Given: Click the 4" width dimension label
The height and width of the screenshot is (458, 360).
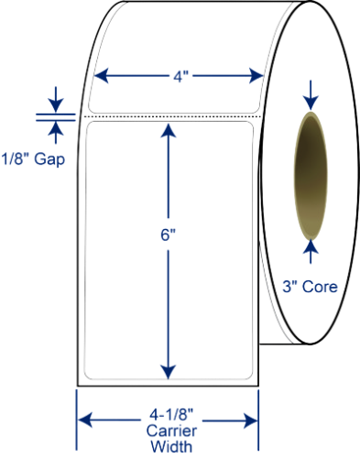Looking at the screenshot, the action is pos(181,76).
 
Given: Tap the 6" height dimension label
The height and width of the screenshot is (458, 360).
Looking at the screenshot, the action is pos(169,235).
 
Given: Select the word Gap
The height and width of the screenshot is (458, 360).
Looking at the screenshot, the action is pos(49,159).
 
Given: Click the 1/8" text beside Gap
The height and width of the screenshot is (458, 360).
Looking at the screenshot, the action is pos(16,158).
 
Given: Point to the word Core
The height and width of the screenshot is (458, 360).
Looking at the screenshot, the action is pos(320,287).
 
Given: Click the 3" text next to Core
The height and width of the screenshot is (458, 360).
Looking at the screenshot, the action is pos(290,287).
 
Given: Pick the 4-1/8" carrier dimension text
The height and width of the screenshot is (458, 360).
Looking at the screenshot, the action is pos(172,415).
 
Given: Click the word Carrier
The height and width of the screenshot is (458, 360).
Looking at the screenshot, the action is pos(171,431).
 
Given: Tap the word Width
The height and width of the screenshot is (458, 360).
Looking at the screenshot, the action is pos(171,446).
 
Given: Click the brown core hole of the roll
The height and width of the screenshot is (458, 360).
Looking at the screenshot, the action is pos(311,176).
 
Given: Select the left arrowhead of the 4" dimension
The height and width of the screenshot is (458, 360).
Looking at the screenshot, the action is pos(102,76).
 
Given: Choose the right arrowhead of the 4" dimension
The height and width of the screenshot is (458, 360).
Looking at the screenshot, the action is pos(256,76).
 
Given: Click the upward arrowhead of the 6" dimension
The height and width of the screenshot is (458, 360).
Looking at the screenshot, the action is pos(169,130).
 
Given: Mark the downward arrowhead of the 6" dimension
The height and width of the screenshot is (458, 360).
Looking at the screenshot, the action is pos(169,372).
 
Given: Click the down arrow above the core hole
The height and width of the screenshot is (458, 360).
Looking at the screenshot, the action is pos(311,95).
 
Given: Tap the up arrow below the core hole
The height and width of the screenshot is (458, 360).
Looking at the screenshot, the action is pos(311,252).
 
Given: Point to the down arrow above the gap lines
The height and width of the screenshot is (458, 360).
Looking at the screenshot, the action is pos(56,100).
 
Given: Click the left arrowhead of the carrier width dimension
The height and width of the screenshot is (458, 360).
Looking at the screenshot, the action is pos(85,420).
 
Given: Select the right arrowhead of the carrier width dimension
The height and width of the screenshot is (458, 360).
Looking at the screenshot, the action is pos(251,420).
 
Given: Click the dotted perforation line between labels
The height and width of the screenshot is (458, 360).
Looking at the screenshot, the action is pos(172,116).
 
